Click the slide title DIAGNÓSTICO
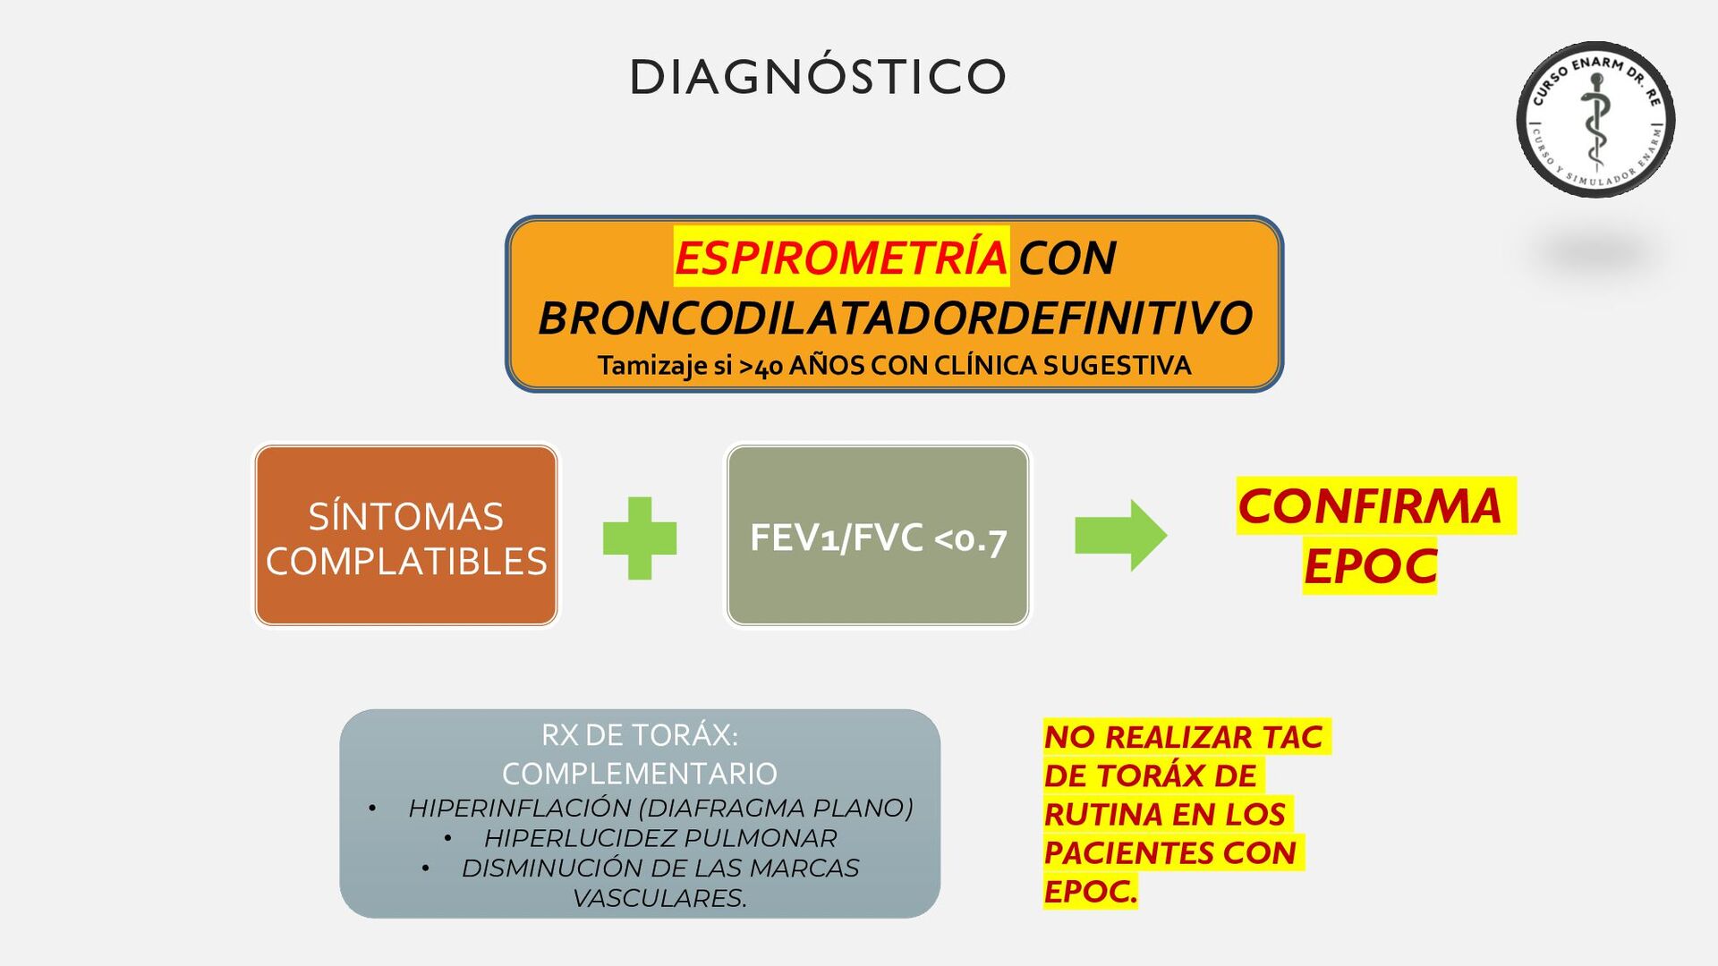pyautogui.click(x=818, y=77)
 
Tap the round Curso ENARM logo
pyautogui.click(x=1595, y=119)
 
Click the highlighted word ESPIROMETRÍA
pyautogui.click(x=840, y=258)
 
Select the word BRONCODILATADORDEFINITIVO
pyautogui.click(x=895, y=318)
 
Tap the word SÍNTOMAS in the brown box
pyautogui.click(x=405, y=516)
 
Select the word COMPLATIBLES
pyautogui.click(x=405, y=562)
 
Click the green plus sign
pyautogui.click(x=640, y=538)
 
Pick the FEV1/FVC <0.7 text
pyautogui.click(x=878, y=538)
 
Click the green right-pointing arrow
pyautogui.click(x=1120, y=535)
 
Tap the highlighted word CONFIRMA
pyautogui.click(x=1369, y=506)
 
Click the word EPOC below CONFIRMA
pyautogui.click(x=1369, y=566)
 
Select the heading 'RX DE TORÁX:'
pyautogui.click(x=640, y=735)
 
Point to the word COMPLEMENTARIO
pyautogui.click(x=640, y=774)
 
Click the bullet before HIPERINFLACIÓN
pyautogui.click(x=372, y=809)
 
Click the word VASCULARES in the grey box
pyautogui.click(x=659, y=898)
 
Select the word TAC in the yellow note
pyautogui.click(x=1291, y=737)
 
